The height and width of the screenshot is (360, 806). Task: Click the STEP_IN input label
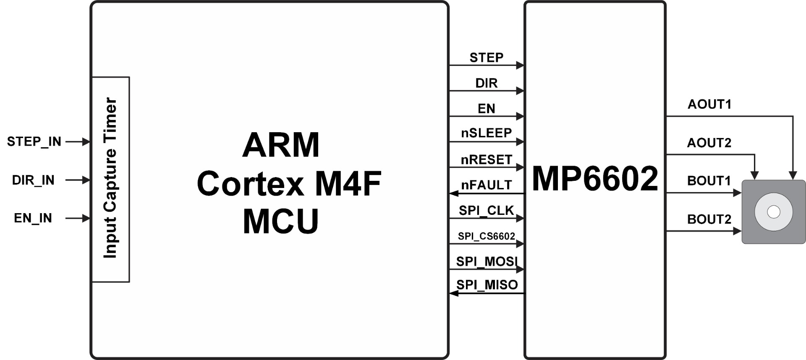pyautogui.click(x=34, y=142)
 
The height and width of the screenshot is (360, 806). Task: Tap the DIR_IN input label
pyautogui.click(x=33, y=180)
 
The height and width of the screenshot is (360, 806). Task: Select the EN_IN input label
pyautogui.click(x=33, y=218)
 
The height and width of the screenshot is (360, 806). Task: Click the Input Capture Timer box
pyautogui.click(x=110, y=179)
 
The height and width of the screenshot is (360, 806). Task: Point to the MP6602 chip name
pyautogui.click(x=595, y=179)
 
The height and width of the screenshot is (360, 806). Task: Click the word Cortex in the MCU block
pyautogui.click(x=250, y=184)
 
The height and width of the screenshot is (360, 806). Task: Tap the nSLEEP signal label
pyautogui.click(x=486, y=133)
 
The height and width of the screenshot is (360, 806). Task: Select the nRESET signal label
pyautogui.click(x=486, y=160)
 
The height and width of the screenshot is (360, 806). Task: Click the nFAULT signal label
pyautogui.click(x=486, y=185)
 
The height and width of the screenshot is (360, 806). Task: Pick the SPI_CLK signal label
pyautogui.click(x=486, y=210)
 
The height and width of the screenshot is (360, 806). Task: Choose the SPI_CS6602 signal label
pyautogui.click(x=486, y=236)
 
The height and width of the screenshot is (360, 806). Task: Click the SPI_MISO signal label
pyautogui.click(x=487, y=285)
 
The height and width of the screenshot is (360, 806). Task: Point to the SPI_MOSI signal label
pyautogui.click(x=487, y=261)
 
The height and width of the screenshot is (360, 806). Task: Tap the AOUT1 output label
pyautogui.click(x=709, y=104)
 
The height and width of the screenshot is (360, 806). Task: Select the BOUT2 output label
pyautogui.click(x=709, y=219)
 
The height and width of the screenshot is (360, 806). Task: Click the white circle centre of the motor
pyautogui.click(x=773, y=212)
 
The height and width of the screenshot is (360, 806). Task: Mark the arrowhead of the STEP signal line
pyautogui.click(x=521, y=65)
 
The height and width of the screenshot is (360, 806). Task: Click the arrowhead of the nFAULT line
pyautogui.click(x=453, y=193)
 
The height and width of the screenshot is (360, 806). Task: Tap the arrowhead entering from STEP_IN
pyautogui.click(x=86, y=142)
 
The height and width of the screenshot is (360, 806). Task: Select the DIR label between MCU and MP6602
pyautogui.click(x=486, y=83)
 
